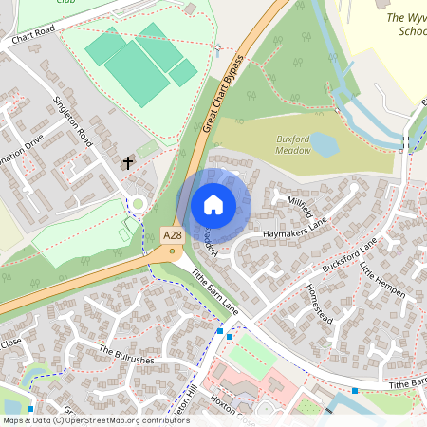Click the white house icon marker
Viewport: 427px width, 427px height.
pos(213,205)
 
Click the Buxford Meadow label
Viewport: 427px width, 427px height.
pos(294,144)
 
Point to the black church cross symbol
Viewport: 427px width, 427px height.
pos(128,163)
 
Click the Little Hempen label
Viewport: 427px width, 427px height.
pos(382,282)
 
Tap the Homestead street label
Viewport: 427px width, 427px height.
pos(324,302)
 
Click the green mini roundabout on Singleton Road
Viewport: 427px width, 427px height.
pos(139,202)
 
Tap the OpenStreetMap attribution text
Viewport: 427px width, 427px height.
pos(96,419)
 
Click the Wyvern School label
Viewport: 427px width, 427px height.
pos(406,24)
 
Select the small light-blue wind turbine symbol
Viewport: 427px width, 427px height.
pos(219,48)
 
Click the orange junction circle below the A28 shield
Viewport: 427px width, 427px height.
pos(173,252)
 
